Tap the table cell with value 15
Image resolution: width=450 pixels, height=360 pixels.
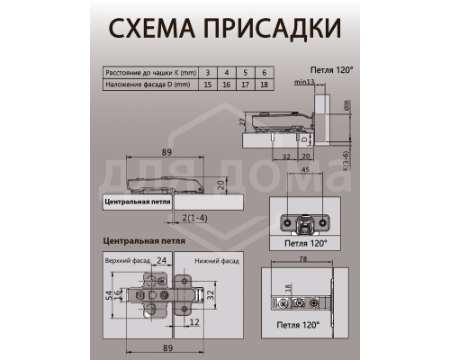tap(208, 84)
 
